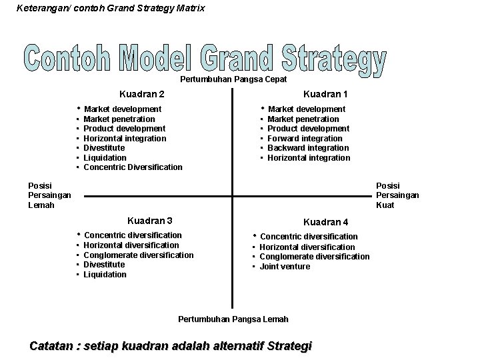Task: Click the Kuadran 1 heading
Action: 325,95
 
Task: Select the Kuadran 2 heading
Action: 142,95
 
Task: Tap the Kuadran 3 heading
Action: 150,221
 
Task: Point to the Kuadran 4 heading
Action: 325,222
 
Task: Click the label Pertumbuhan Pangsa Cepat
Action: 233,79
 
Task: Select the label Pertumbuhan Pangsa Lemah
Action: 233,319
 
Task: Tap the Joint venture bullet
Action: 285,267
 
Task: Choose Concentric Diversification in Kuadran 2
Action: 133,167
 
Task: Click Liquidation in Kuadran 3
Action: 105,275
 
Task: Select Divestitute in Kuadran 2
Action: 105,148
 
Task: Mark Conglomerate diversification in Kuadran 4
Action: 314,257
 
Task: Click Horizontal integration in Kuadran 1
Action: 309,158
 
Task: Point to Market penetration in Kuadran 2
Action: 120,119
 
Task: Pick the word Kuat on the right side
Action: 385,205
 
